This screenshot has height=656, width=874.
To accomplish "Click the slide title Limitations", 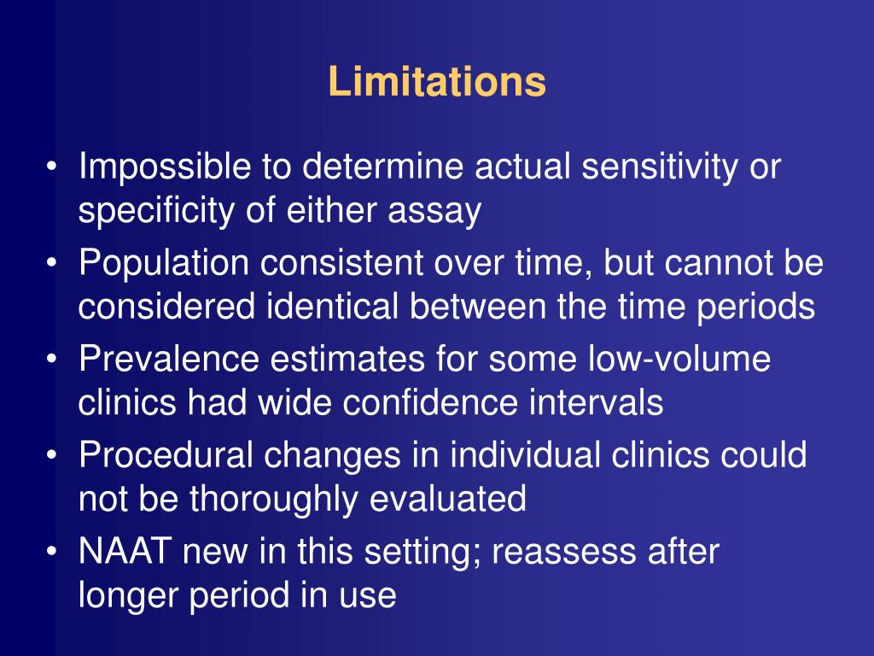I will pos(436,82).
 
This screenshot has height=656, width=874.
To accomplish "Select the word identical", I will pos(330,306).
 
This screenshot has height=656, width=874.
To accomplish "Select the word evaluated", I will pos(447,498).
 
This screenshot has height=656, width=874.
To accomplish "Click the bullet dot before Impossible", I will pos(54,168).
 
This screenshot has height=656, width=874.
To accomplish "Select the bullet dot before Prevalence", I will pos(54,360).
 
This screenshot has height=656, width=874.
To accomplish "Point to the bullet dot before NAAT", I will pos(54,553).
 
